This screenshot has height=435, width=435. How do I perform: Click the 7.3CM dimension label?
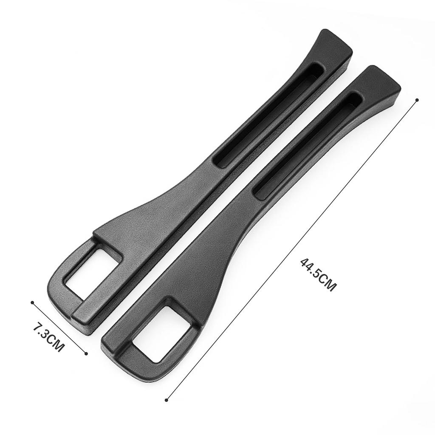tap(49, 336)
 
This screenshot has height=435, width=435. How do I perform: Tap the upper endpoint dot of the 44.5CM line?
tap(417, 99)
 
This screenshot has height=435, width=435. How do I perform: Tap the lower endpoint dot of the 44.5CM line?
tap(167, 400)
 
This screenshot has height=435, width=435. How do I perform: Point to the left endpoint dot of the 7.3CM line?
tap(32, 302)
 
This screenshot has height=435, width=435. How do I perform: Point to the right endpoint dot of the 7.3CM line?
tap(86, 353)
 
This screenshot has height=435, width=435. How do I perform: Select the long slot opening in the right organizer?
tap(308, 146)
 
